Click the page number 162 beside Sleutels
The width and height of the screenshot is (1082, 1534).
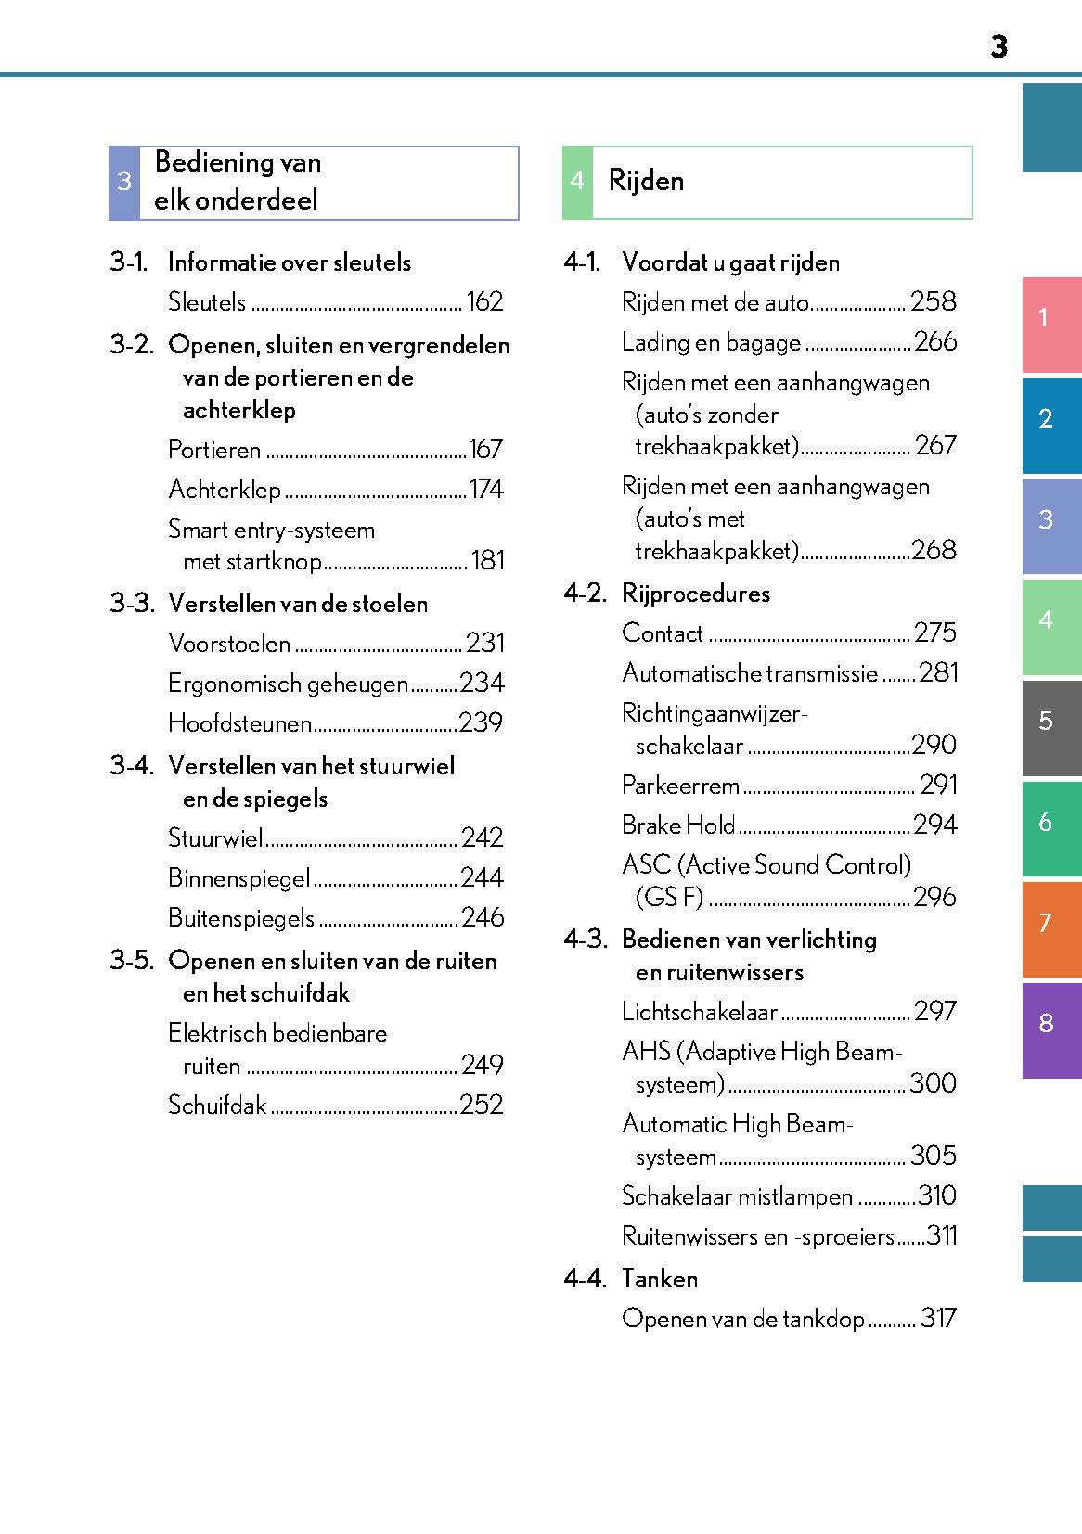(x=484, y=301)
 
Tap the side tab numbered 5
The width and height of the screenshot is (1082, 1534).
(x=1050, y=721)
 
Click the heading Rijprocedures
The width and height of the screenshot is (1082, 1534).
(x=696, y=594)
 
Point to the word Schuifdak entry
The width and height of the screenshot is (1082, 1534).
(x=217, y=1105)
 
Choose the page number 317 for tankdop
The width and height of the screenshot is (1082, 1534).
(x=938, y=1318)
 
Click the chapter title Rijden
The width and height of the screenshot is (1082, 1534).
(x=646, y=181)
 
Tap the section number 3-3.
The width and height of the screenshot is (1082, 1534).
(x=132, y=604)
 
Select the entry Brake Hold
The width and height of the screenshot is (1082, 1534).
(x=678, y=825)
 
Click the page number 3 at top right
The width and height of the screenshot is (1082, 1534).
(x=998, y=46)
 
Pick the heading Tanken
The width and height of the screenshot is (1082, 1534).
(x=660, y=1279)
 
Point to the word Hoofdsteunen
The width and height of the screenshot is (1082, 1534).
(x=239, y=723)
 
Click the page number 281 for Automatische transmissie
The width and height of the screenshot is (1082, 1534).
(x=938, y=672)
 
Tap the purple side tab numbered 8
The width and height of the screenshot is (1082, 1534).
(x=1050, y=1024)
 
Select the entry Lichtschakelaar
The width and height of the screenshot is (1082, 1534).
(x=700, y=1012)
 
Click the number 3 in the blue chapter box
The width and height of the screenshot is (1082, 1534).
(x=124, y=182)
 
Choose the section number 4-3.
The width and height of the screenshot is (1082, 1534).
(x=586, y=940)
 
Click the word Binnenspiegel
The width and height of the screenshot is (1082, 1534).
(x=239, y=877)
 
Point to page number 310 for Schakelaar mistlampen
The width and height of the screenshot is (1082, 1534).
(x=937, y=1195)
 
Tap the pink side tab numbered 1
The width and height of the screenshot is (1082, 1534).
(x=1050, y=318)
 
